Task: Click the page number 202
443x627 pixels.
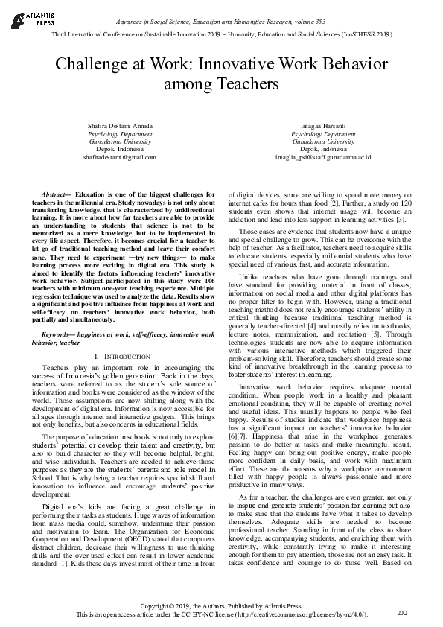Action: click(403, 612)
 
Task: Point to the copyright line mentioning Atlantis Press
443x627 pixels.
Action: click(221, 606)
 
